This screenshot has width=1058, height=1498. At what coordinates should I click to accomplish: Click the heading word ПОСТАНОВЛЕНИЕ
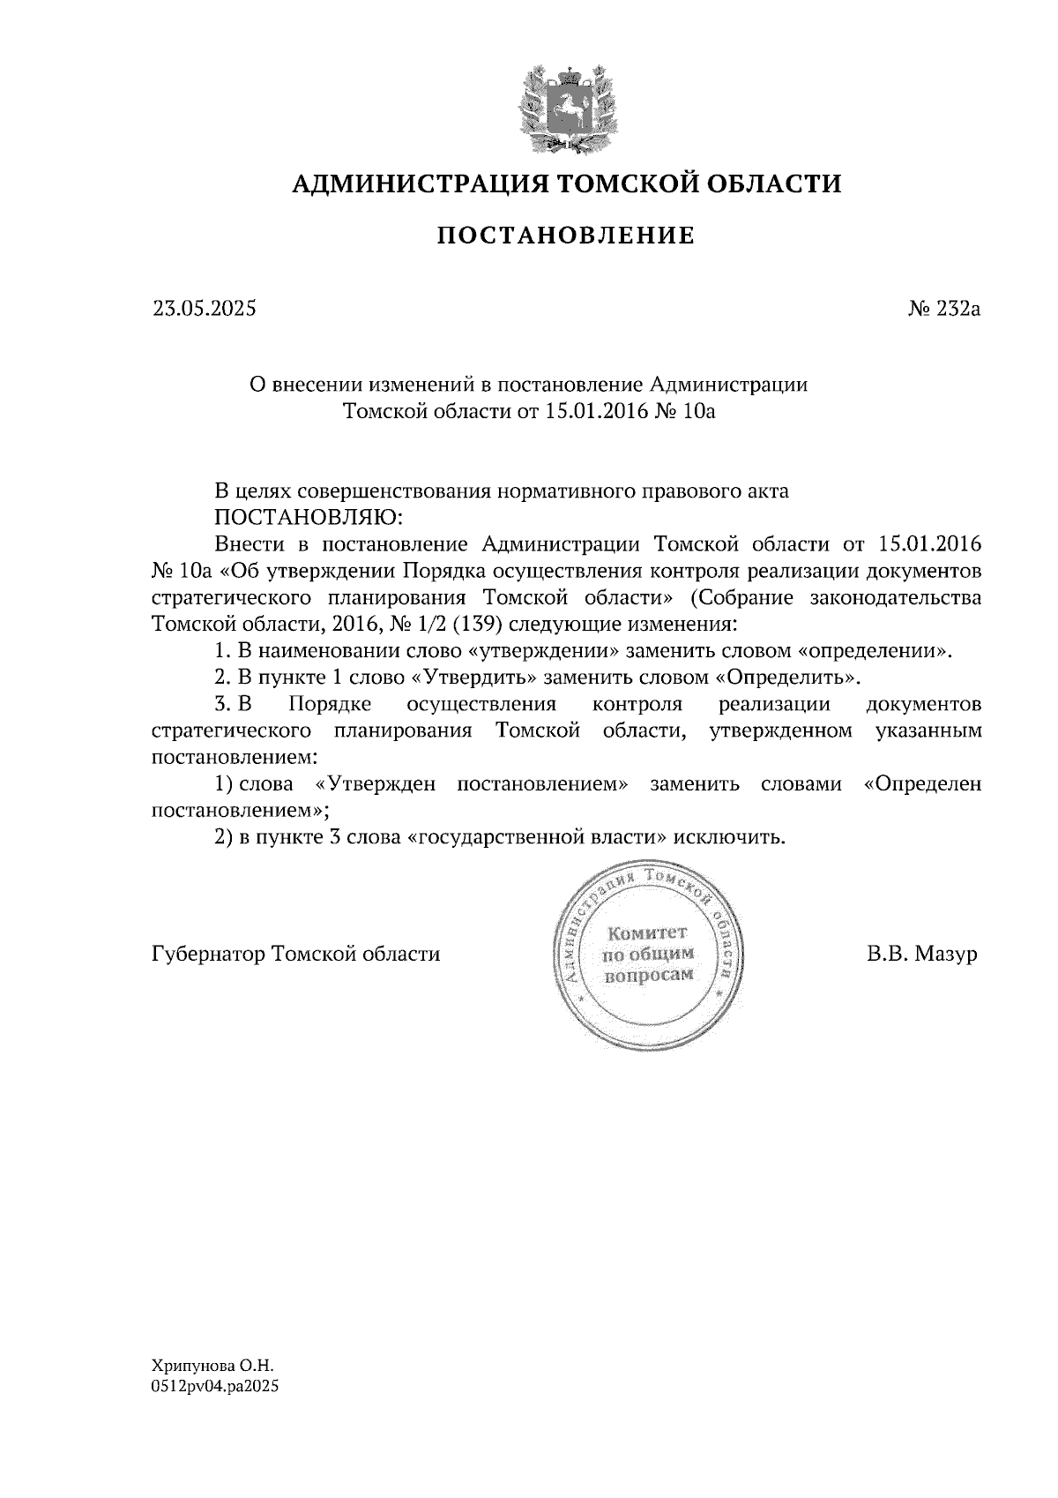tap(566, 236)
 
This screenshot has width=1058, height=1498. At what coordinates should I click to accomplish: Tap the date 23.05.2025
tap(205, 310)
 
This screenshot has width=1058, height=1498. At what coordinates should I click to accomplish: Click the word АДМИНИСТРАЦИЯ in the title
tap(409, 184)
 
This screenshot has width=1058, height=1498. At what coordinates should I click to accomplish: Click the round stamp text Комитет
tap(648, 933)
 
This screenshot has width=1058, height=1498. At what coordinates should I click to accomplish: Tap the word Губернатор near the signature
tap(209, 955)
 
